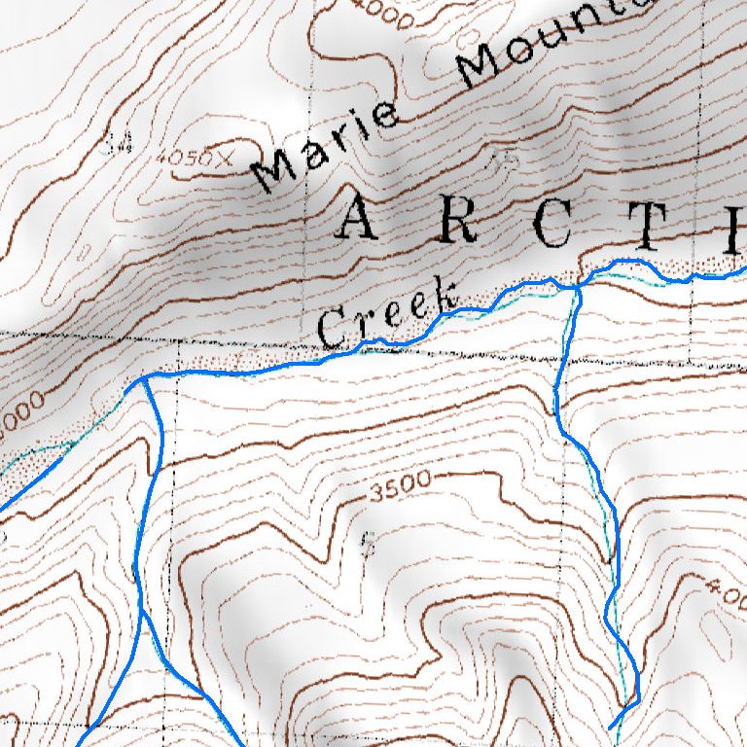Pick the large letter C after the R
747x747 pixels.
549,226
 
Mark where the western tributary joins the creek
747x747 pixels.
143,378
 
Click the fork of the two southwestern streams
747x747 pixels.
142,613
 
